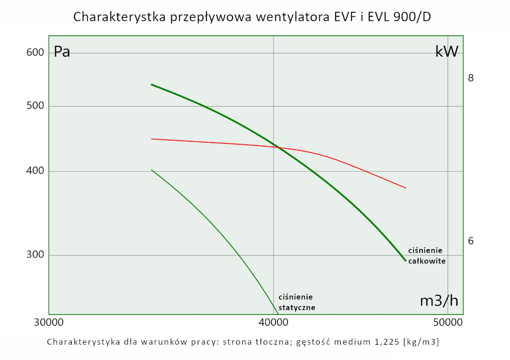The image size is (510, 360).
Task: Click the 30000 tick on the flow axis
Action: pos(48,323)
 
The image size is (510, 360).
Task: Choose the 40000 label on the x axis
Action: pos(273,323)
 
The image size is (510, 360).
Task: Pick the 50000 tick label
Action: pos(447,323)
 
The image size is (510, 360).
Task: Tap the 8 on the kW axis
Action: pos(471,78)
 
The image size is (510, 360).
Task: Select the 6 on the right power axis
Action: pos(471,241)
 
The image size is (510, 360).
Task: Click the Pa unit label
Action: pos(62,52)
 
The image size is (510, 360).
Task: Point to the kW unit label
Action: pos(447,52)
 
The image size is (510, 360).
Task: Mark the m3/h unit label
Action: pos(439,301)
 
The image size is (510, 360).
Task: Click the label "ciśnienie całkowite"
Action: pos(427,256)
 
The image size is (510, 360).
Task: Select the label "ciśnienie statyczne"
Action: pos(297,302)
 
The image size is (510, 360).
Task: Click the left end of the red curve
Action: pos(151,139)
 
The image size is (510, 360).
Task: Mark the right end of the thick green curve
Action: pos(406,261)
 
